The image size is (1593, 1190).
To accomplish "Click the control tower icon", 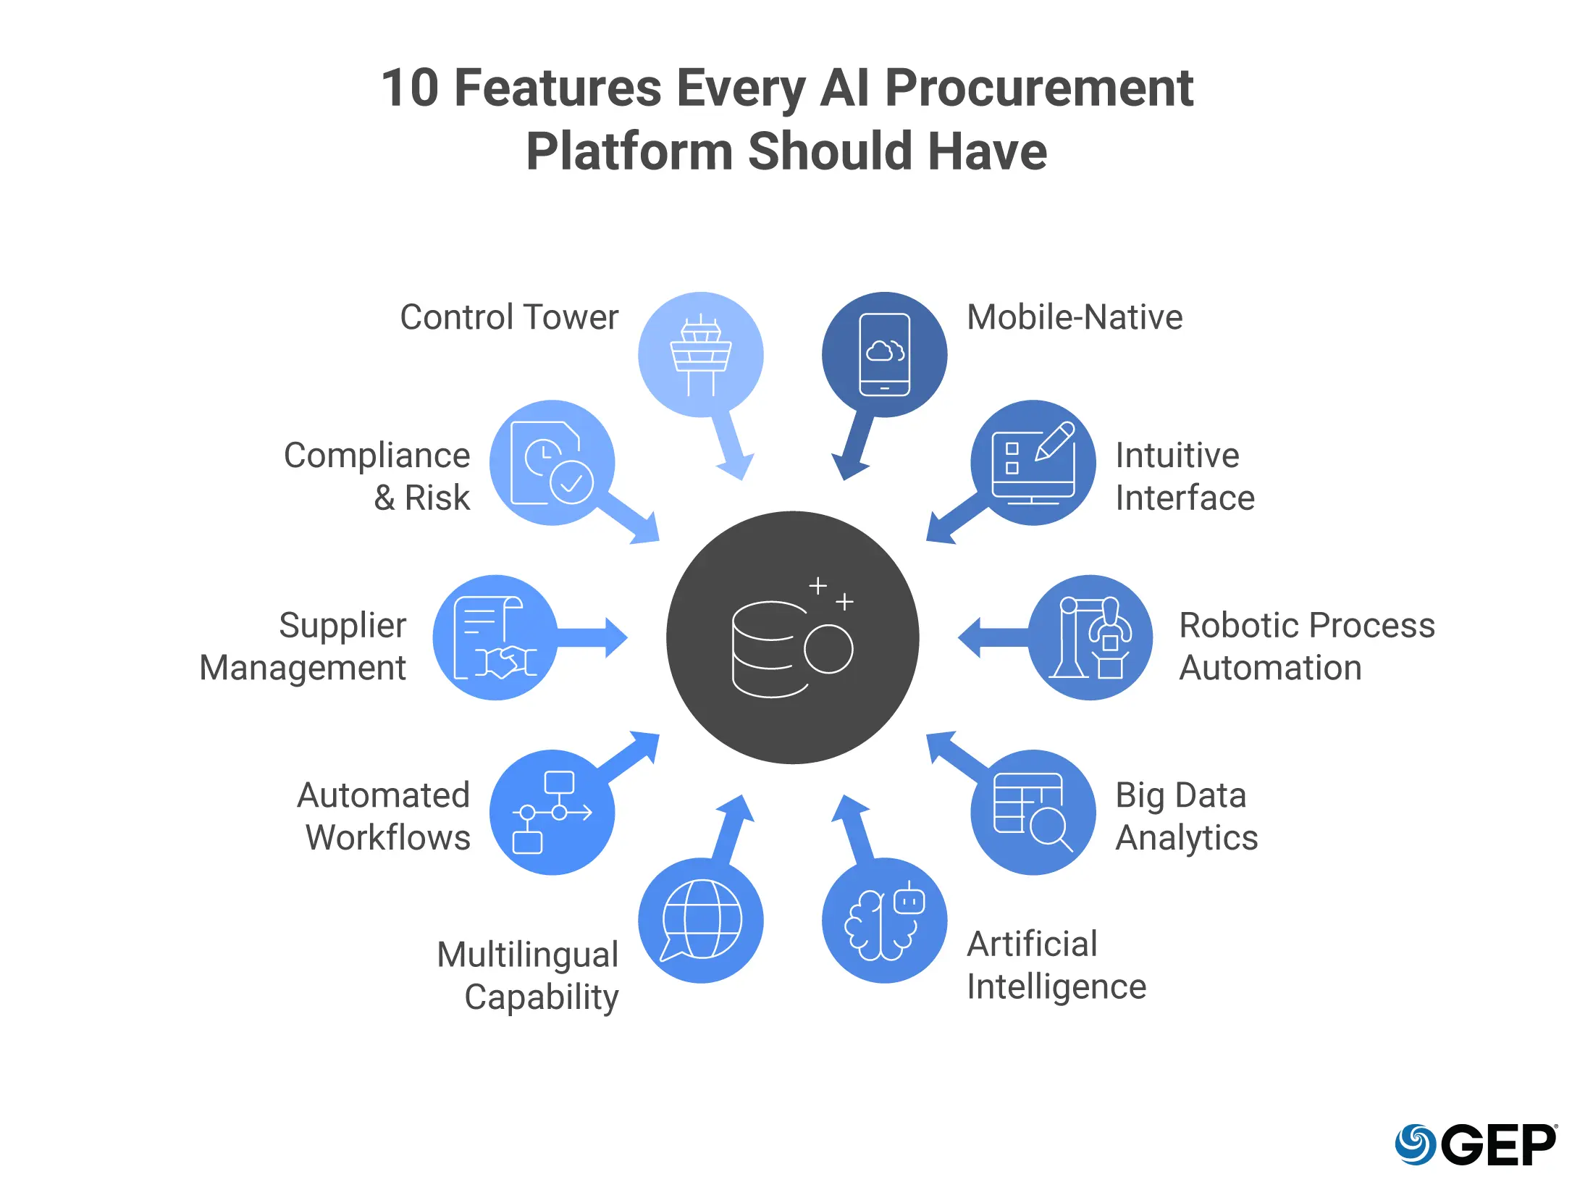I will click(x=700, y=355).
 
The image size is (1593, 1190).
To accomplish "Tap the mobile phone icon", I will click(x=884, y=355).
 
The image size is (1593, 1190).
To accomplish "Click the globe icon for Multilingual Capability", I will click(x=702, y=918).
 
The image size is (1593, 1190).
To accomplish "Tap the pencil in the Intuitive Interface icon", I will click(x=1054, y=440).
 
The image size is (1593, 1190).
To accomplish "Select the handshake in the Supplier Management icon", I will click(x=506, y=661).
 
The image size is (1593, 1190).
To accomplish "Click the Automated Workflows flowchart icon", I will click(x=552, y=812).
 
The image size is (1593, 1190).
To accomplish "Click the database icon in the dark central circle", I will click(x=770, y=649).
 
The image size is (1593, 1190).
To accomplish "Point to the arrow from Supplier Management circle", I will click(x=594, y=637).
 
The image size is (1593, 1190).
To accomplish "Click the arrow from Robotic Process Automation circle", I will click(x=992, y=637).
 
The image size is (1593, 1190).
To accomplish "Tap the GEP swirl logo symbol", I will click(x=1415, y=1144).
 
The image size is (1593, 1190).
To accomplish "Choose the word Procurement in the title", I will click(x=1039, y=88).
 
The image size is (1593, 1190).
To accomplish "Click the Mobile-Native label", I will click(x=1075, y=317).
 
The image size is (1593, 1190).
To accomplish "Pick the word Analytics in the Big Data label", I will click(x=1186, y=838).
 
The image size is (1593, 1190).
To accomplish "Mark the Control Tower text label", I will click(x=509, y=317).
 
